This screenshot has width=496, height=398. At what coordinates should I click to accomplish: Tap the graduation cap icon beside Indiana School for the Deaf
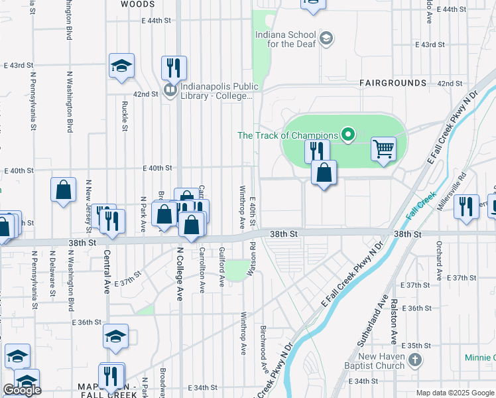326,38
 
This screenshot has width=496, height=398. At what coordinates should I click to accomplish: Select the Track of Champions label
288,135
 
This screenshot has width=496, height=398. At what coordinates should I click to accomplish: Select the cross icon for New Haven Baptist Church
415,361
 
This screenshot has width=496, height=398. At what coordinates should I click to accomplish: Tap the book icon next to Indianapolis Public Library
170,90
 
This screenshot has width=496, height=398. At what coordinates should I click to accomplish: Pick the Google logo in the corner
22,390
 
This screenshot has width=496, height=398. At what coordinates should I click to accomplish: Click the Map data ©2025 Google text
455,393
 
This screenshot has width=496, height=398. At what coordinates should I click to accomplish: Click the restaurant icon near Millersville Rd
467,206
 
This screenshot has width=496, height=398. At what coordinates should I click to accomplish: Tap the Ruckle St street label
125,116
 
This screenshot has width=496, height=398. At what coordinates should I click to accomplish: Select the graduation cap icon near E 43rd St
121,66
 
